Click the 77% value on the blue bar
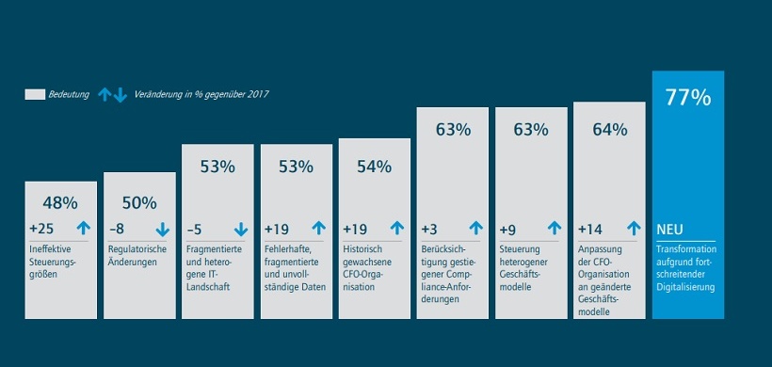click(x=687, y=97)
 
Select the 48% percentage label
click(x=60, y=202)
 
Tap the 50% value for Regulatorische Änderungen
click(x=138, y=203)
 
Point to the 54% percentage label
click(x=374, y=167)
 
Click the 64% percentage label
click(x=609, y=130)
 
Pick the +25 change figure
click(x=41, y=228)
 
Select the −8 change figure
click(x=117, y=228)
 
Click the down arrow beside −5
click(x=240, y=228)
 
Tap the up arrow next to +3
click(x=475, y=228)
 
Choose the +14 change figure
click(x=590, y=228)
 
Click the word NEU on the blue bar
click(x=670, y=228)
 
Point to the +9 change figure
click(x=508, y=228)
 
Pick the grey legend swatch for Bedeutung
click(x=35, y=94)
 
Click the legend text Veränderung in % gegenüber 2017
click(x=201, y=94)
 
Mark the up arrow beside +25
click(x=83, y=228)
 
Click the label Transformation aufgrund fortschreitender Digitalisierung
click(x=688, y=267)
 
